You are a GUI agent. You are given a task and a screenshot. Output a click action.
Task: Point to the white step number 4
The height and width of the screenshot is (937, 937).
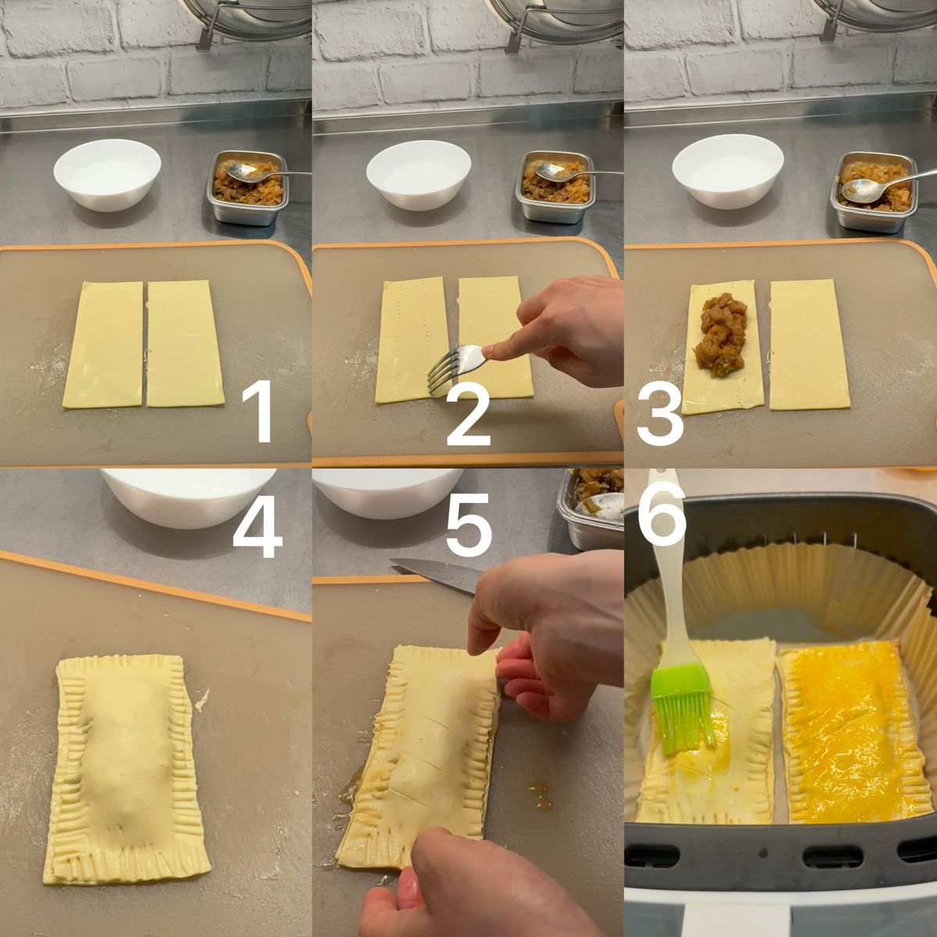(257, 526)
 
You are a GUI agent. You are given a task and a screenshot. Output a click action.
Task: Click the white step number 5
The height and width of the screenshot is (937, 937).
(467, 524)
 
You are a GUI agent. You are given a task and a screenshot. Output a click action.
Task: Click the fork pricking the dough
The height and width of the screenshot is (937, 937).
(457, 365)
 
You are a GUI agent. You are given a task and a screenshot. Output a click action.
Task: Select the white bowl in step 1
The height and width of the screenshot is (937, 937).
(107, 174)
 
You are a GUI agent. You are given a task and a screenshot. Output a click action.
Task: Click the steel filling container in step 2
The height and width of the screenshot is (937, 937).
(555, 187)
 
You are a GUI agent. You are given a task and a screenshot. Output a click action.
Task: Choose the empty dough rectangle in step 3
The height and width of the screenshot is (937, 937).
(810, 344)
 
